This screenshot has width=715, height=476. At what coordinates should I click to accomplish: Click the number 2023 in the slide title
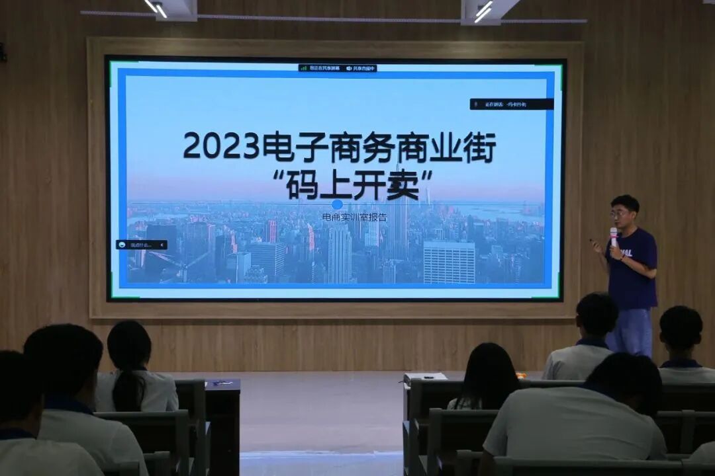pos(221,145)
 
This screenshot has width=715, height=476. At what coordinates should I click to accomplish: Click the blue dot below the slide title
pos(337,204)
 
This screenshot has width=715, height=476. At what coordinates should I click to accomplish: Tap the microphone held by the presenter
pos(614,235)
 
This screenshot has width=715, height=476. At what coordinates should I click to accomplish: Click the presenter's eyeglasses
pos(619,214)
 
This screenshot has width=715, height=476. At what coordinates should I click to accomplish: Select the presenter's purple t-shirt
pos(632,268)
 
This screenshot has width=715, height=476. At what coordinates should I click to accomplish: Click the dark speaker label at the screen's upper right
pos(511,104)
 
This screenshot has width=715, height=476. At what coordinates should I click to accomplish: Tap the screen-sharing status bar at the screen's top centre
pos(337,67)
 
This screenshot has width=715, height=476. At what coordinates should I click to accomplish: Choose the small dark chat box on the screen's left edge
pos(141,245)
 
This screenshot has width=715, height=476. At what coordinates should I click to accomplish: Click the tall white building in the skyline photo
pos(448,262)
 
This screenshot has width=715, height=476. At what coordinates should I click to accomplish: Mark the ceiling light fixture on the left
pos(171,9)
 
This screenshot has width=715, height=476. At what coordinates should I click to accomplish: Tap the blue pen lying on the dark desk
pos(222,382)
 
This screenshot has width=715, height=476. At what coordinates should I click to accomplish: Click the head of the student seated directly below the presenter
pos(596,315)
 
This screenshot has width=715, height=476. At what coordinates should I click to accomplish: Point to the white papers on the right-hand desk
pos(424,376)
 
